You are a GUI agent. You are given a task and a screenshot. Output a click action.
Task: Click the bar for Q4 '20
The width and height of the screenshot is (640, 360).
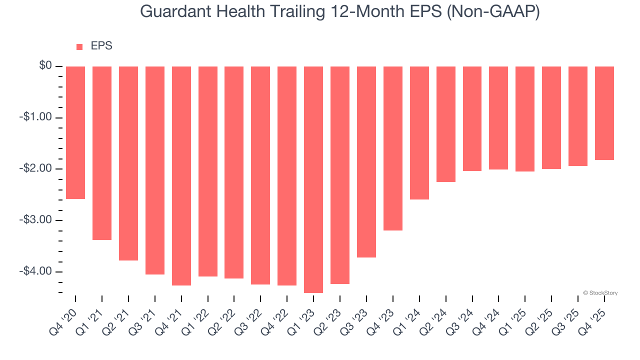[x=75, y=132]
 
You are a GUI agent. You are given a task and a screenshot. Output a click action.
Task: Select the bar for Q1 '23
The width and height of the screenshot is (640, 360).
[x=313, y=179]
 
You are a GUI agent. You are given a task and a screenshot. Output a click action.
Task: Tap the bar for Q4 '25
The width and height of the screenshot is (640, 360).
[x=604, y=113]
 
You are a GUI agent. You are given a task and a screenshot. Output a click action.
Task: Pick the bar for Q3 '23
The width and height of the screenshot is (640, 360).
[x=366, y=162]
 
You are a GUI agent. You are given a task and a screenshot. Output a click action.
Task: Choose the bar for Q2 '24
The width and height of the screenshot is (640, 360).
[x=445, y=124]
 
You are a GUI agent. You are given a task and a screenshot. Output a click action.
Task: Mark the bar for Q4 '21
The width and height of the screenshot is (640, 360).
[x=181, y=175]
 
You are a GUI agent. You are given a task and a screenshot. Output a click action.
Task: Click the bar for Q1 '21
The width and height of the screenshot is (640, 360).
[x=102, y=153]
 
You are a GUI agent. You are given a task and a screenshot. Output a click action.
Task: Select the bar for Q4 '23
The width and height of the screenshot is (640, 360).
[x=393, y=148]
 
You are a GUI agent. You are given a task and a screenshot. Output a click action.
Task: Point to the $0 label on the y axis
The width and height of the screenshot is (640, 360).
[x=46, y=66]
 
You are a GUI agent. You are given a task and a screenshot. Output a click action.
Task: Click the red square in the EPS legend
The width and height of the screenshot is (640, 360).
[x=79, y=47]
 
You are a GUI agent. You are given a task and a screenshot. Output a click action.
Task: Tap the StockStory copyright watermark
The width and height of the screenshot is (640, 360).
[x=600, y=293]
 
